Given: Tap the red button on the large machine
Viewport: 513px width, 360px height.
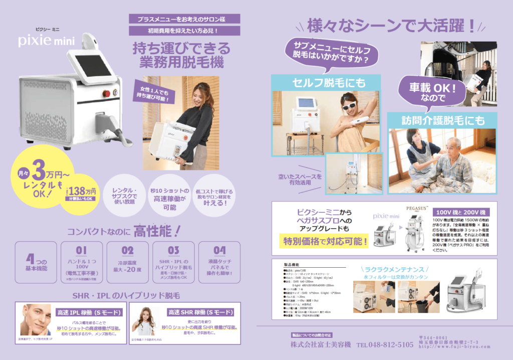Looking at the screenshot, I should (x=106, y=93).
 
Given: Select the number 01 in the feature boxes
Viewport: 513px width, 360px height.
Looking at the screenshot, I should (x=82, y=250).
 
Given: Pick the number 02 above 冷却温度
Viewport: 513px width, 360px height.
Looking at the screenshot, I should (x=128, y=250).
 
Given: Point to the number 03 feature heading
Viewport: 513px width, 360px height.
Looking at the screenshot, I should (x=173, y=250).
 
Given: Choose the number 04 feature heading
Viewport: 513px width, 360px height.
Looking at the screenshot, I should (x=219, y=250).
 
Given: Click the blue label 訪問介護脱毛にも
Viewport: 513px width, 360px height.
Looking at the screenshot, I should (x=442, y=120).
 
